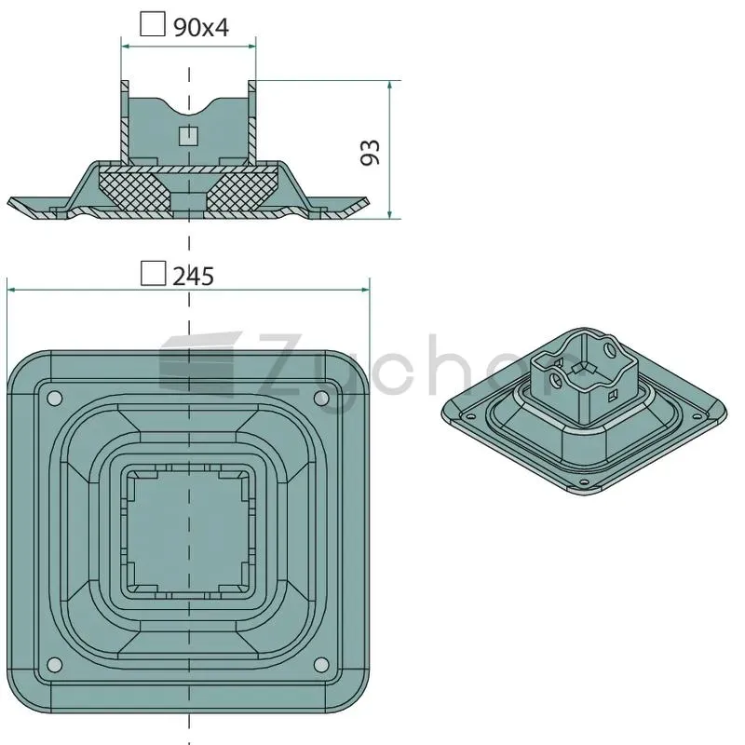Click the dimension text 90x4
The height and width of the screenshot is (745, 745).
[201, 28]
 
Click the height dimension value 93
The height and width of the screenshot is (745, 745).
[371, 152]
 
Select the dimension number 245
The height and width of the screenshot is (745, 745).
[193, 276]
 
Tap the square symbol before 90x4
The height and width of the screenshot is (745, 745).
[153, 24]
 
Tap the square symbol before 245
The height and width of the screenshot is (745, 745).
[154, 273]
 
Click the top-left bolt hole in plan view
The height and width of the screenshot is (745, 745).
[55, 398]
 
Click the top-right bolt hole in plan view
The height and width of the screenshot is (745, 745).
[321, 398]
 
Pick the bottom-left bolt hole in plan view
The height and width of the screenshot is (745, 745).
[55, 664]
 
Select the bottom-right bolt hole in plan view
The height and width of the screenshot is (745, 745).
[321, 664]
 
